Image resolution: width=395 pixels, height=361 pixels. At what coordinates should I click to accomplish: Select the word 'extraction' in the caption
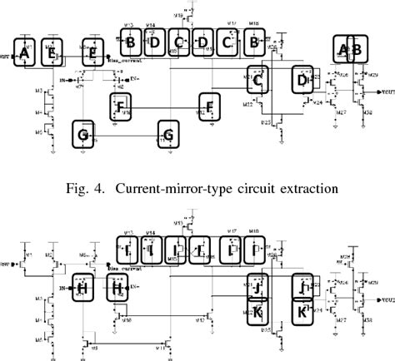tap(310, 187)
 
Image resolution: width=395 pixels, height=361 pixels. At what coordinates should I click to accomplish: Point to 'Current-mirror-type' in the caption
tap(170, 187)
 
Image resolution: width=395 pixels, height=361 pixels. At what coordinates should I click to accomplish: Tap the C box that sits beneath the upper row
tap(258, 81)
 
